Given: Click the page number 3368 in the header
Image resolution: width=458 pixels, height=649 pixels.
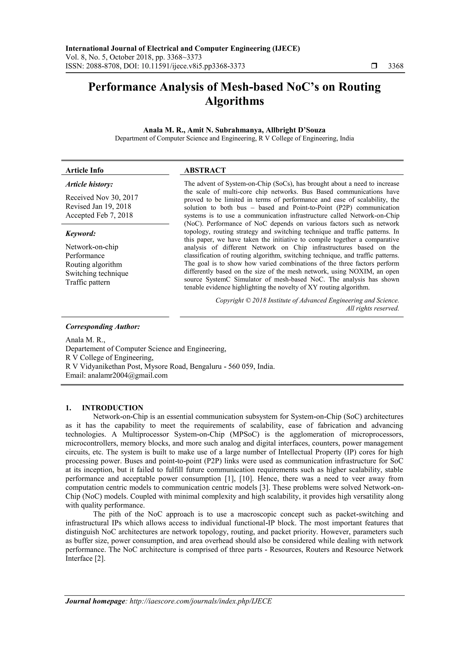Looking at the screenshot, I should click(396, 66).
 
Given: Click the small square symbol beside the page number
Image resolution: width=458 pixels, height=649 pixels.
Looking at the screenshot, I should click(374, 66).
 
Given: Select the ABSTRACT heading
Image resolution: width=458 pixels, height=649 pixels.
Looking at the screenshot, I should click(205, 170).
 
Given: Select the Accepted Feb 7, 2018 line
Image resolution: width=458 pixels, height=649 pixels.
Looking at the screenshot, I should click(99, 215).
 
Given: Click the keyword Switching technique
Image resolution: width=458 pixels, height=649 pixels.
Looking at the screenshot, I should click(97, 273).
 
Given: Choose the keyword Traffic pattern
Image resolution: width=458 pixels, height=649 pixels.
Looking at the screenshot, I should click(87, 282).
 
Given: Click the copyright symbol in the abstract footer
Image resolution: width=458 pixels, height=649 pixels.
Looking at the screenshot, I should click(248, 300).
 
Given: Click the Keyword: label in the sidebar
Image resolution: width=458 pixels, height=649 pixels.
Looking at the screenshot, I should click(81, 233).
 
